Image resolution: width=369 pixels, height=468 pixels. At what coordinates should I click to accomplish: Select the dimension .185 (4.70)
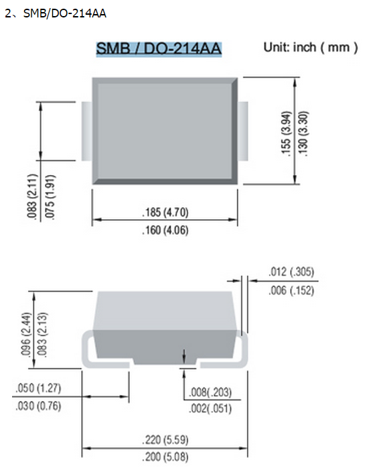(165, 213)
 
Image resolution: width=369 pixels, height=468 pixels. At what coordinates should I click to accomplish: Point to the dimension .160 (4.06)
(165, 231)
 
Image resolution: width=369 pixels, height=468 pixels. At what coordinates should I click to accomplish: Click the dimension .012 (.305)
(291, 272)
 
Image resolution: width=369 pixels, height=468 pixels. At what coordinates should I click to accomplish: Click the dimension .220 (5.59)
(165, 441)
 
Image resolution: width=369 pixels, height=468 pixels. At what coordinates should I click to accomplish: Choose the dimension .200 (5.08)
(165, 458)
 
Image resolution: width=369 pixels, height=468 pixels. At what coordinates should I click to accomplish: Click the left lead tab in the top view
(86, 131)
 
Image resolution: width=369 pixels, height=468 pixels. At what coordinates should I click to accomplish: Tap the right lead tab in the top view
(243, 131)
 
